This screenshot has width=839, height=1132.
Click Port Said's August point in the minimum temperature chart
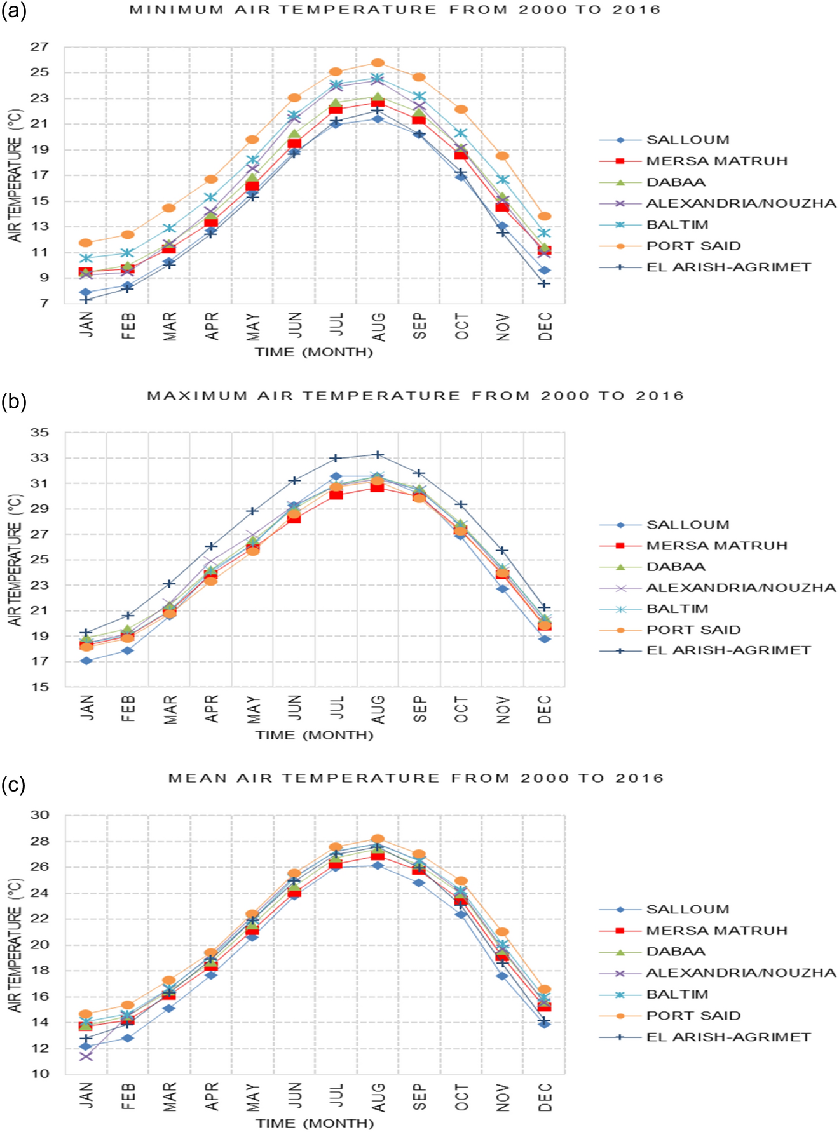tap(378, 63)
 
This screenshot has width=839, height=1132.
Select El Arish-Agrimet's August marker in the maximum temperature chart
tap(378, 455)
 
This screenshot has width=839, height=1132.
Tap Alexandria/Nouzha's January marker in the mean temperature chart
tap(86, 1056)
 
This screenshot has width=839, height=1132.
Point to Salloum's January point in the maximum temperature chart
tap(86, 661)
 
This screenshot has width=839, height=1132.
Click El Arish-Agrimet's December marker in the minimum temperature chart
tap(544, 283)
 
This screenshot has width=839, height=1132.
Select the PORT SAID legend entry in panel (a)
tap(693, 246)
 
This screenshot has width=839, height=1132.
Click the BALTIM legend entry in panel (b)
tap(677, 609)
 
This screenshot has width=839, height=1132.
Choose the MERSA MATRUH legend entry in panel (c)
tap(716, 931)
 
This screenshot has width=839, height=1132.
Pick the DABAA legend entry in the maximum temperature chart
tap(676, 567)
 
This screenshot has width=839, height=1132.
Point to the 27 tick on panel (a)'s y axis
tap(40, 47)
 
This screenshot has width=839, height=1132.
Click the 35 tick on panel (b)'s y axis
tap(40, 433)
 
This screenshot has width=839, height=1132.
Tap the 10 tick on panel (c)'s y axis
tap(40, 1074)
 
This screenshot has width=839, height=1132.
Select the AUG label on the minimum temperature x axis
tap(378, 326)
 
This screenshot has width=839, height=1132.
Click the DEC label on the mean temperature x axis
tap(545, 1097)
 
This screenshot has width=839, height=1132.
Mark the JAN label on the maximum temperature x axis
tap(87, 708)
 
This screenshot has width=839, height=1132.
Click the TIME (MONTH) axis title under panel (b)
tap(314, 735)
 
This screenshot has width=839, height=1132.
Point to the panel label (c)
tap(13, 786)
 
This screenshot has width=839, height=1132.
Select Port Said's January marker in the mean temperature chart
tap(86, 1014)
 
